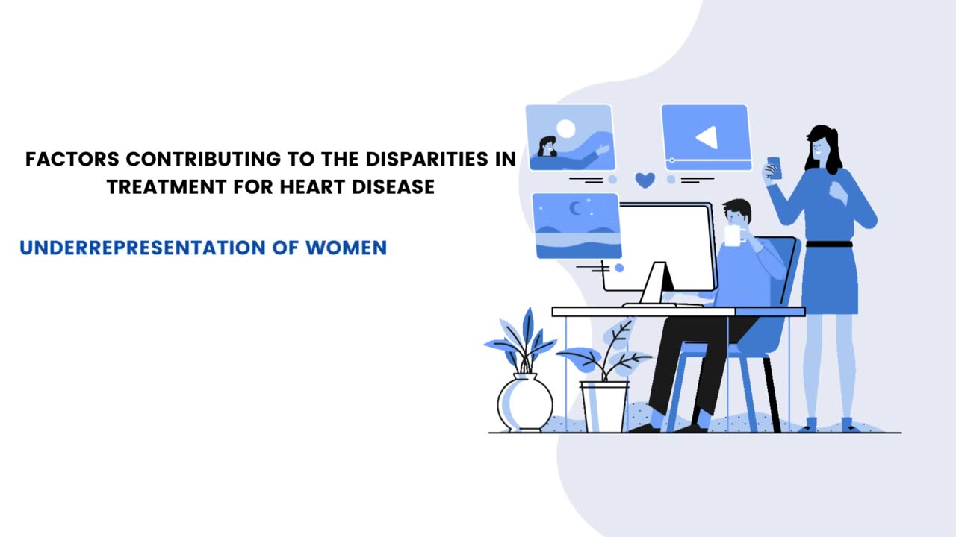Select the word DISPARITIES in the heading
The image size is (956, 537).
pyautogui.click(x=426, y=159)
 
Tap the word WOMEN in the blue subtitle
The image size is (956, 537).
pyautogui.click(x=346, y=248)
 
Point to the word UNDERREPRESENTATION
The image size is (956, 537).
pyautogui.click(x=143, y=248)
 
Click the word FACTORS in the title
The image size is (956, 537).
pyautogui.click(x=72, y=159)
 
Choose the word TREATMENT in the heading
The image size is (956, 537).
pyautogui.click(x=167, y=186)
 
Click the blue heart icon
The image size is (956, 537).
pyautogui.click(x=645, y=180)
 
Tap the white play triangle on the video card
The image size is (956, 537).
pyautogui.click(x=707, y=137)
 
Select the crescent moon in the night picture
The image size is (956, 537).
pyautogui.click(x=575, y=208)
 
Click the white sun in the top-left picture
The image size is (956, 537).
pyautogui.click(x=566, y=129)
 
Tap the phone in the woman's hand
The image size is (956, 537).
pyautogui.click(x=775, y=169)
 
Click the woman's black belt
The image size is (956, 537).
pyautogui.click(x=829, y=245)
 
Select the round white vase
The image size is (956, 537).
pyautogui.click(x=525, y=402)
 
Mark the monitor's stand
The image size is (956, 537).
pyautogui.click(x=657, y=283)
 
